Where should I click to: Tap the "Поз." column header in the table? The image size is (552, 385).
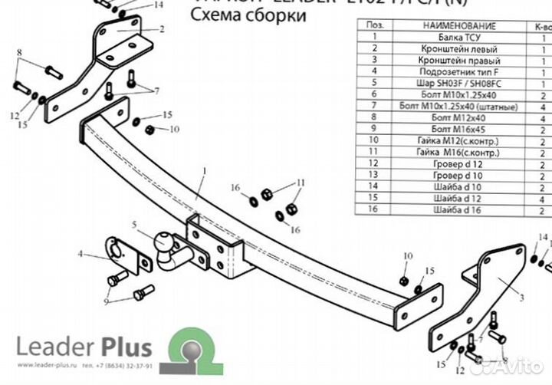pyautogui.click(x=375, y=25)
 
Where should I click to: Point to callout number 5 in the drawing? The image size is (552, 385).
pyautogui.click(x=133, y=225)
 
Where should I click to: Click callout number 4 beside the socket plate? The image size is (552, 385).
pyautogui.click(x=80, y=252)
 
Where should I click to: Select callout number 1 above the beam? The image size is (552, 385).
pyautogui.click(x=205, y=170)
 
